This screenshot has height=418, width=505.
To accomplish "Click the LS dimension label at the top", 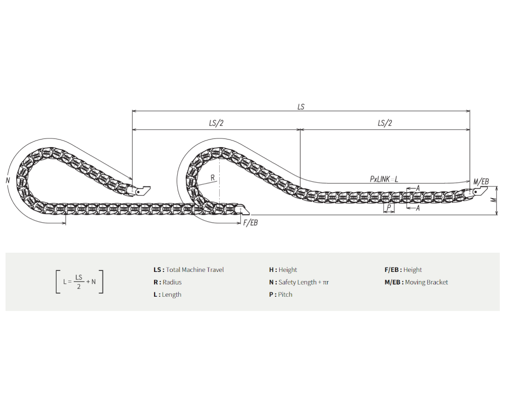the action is tap(301, 107).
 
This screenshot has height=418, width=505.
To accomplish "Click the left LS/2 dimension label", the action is tap(216, 123).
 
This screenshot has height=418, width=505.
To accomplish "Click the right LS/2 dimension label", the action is tap(385, 123).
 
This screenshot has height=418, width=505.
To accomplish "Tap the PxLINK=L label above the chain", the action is tap(384, 179).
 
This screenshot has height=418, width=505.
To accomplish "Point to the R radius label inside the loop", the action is tap(213, 177).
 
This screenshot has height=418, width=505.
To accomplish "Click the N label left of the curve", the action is tap(8, 180).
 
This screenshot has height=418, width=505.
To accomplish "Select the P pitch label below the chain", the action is tap(389, 208).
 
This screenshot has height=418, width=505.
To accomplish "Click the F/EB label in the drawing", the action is tap(250, 223).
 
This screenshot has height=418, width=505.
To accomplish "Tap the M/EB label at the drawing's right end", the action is tap(481, 182).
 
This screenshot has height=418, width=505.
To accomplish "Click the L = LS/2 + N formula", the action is tap(80, 282).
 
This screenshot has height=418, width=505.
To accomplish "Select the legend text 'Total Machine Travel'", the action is tap(195, 270).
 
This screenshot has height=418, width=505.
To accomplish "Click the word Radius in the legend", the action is tap(172, 282).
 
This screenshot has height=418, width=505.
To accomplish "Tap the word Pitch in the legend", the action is tap(285, 295).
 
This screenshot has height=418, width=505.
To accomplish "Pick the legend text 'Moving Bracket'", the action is tap(426, 283).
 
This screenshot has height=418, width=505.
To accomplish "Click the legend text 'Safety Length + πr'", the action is tap(304, 283).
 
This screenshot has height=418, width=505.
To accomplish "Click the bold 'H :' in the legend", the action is tap(273, 270).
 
